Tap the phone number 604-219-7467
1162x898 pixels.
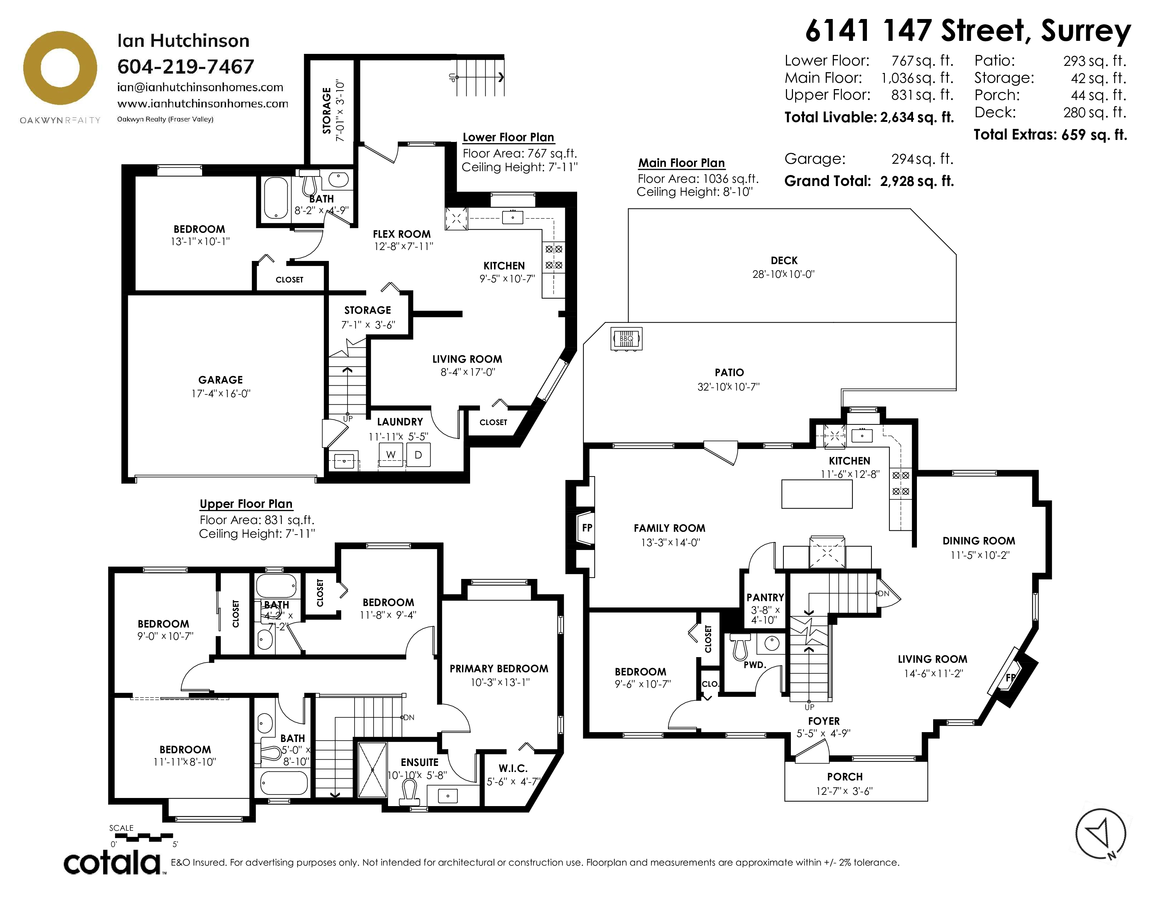click(x=186, y=67)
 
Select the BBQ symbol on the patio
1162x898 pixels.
click(x=626, y=339)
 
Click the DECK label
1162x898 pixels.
click(x=784, y=261)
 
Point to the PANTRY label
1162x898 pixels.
click(x=765, y=597)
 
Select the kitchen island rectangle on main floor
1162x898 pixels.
click(x=817, y=494)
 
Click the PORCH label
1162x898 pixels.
click(x=845, y=777)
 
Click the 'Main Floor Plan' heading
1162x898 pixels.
click(x=682, y=163)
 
